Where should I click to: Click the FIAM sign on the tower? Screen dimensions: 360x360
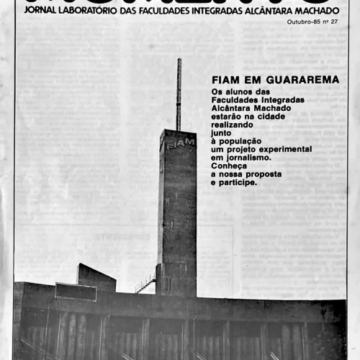pos(180,143)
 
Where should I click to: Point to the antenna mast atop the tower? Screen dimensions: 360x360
pos(179,94)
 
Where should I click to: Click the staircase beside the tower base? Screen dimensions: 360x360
pos(145,283)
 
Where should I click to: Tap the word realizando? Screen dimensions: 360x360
pos(233,124)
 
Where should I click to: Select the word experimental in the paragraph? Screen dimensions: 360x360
pos(286,149)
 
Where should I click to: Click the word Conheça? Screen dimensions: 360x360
pos(230,166)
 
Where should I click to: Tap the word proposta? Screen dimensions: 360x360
pos(262,174)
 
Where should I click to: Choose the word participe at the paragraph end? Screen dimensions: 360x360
pos(240,183)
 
